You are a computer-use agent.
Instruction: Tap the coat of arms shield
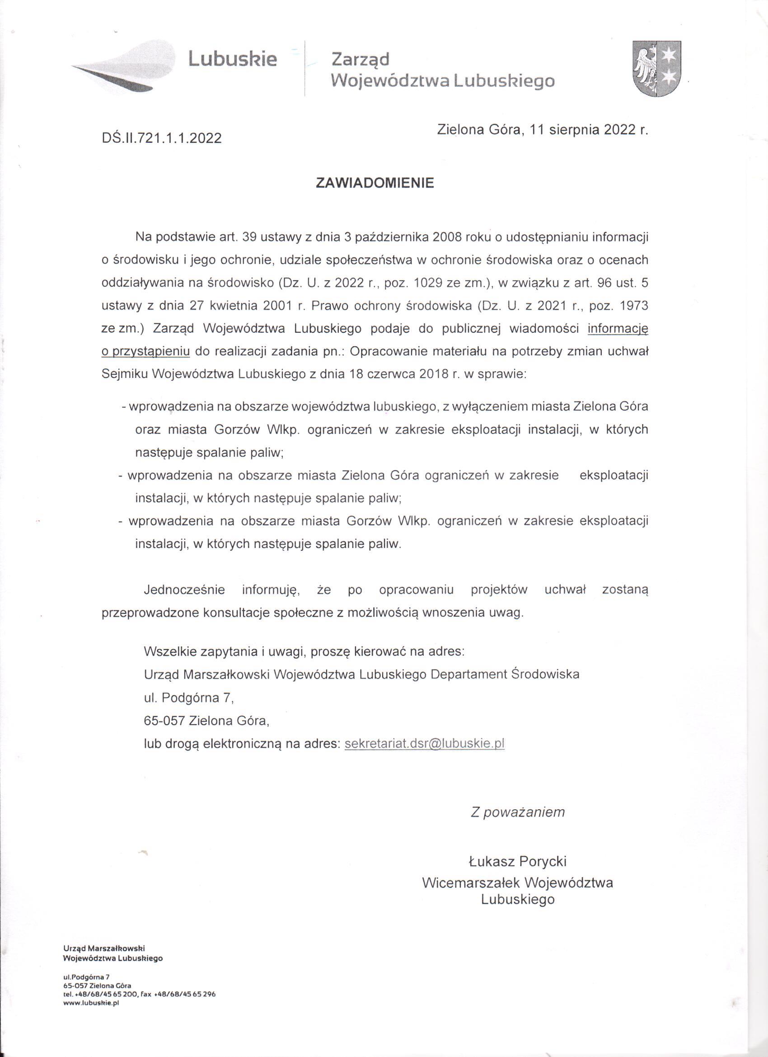tap(657, 69)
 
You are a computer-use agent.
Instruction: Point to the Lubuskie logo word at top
tap(232, 60)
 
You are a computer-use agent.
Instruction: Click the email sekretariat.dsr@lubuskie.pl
tap(424, 743)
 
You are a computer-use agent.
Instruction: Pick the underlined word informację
tap(618, 329)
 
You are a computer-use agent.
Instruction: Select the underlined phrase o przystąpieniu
tap(145, 351)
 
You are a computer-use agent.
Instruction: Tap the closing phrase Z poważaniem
tap(517, 812)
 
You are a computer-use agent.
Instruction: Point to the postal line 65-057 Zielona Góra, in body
tap(207, 721)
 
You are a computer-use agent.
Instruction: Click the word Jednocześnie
tap(184, 590)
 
